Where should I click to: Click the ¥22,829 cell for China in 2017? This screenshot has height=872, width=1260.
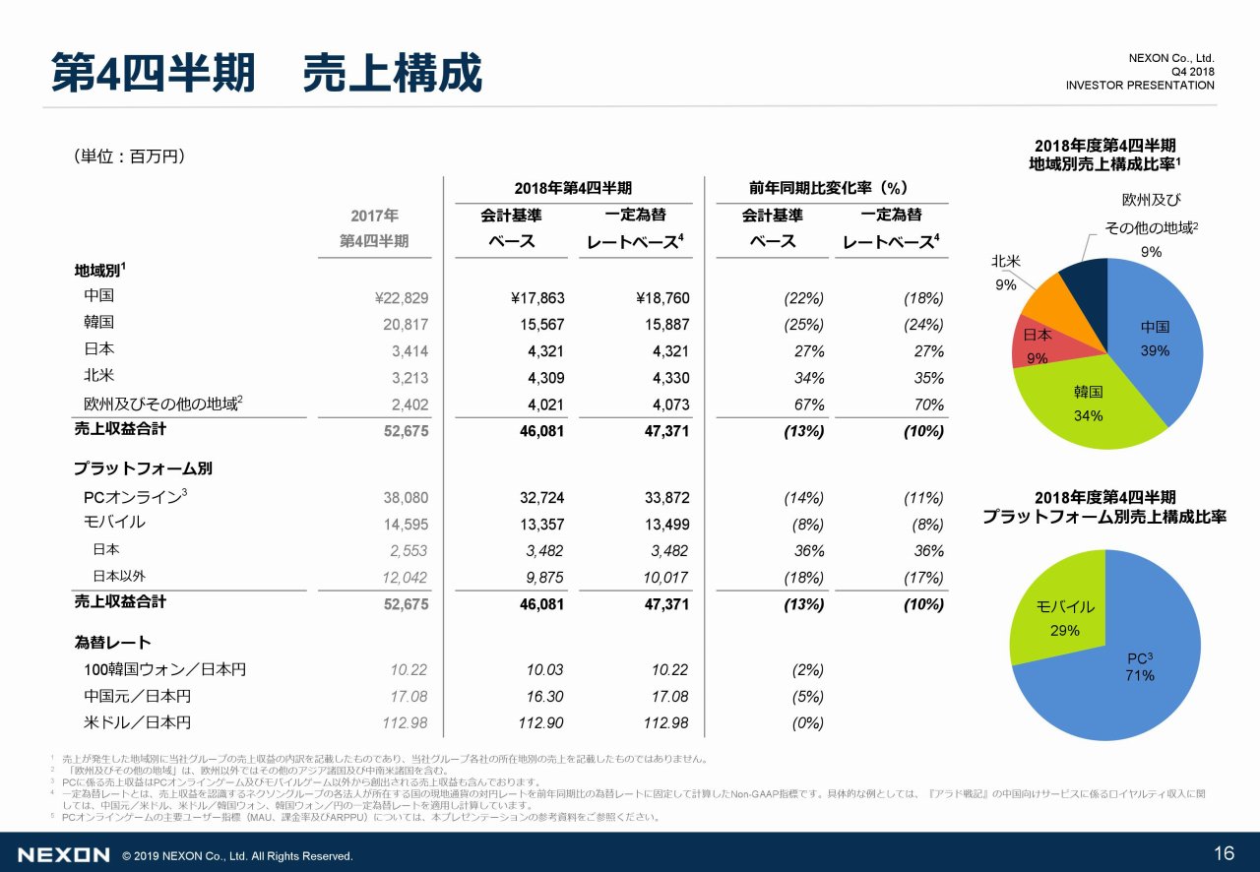(x=402, y=298)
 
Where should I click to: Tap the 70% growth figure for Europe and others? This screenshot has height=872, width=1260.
(x=927, y=405)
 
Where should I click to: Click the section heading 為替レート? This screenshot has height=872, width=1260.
(x=112, y=643)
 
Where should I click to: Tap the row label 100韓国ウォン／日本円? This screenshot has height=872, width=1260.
(x=165, y=670)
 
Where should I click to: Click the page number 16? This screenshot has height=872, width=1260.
(x=1225, y=852)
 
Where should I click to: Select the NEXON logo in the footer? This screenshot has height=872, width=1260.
(x=63, y=855)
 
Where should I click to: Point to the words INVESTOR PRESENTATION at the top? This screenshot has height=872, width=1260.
(x=1140, y=86)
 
